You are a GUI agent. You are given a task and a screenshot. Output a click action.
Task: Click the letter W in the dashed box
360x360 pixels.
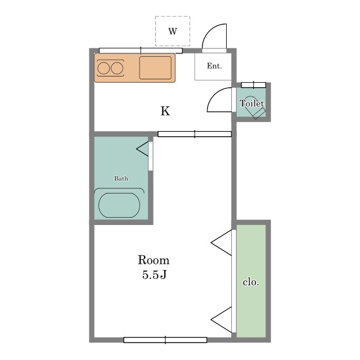tap(173, 31)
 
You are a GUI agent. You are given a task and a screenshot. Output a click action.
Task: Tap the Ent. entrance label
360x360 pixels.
tap(214, 66)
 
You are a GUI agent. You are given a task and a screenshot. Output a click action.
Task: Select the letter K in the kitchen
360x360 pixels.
tap(165, 111)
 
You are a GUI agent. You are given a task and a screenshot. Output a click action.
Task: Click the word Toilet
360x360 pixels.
tap(251, 103)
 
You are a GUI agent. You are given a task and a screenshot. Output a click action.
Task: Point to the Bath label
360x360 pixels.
tap(121, 178)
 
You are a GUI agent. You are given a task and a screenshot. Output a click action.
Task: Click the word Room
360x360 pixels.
tap(154, 260)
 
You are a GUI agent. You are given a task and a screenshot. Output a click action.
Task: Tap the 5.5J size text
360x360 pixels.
tap(154, 274)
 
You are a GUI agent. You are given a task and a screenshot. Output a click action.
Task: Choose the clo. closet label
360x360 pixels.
tap(251, 282)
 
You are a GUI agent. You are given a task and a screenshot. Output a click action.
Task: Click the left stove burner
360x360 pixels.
tap(103, 68)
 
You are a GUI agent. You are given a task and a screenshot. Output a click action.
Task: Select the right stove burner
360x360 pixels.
tap(117, 68)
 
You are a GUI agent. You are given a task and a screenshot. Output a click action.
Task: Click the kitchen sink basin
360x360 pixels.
tap(155, 67)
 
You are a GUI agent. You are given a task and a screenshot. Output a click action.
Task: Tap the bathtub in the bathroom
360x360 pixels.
tap(119, 205)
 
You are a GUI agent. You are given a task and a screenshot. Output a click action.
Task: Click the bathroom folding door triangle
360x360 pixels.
tap(143, 148)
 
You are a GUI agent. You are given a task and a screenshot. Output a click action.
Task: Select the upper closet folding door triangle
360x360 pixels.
tap(222, 242)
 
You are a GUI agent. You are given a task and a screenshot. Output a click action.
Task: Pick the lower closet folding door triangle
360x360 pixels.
tap(222, 319)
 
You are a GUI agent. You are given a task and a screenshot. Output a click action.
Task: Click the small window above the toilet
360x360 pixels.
tap(254, 85)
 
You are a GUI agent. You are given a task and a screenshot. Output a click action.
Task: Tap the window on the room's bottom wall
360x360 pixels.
tap(165, 340)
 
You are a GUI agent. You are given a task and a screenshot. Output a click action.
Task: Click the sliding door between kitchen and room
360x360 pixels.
tap(195, 134)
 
